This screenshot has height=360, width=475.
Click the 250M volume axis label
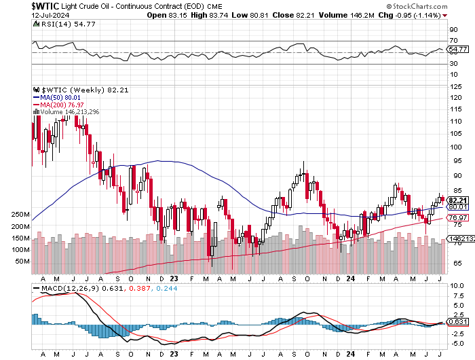coord(21,215)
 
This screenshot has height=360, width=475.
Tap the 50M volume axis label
coord(23,262)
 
